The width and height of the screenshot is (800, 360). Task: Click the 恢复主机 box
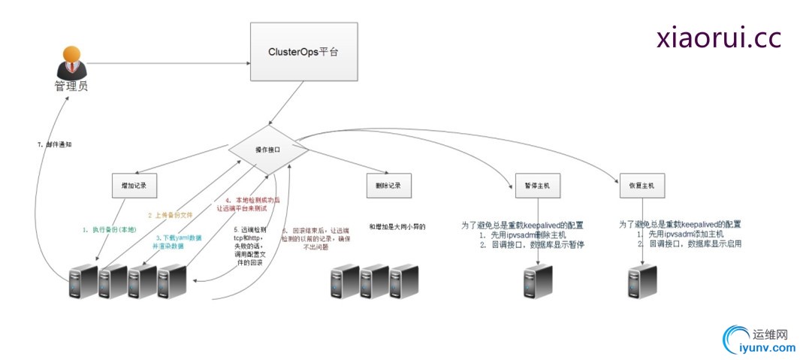pos(642,185)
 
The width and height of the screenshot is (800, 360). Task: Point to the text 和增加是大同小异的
pos(397,225)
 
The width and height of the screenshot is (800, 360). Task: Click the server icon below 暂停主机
pos(538,282)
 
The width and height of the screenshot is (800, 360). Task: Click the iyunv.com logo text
pos(767,347)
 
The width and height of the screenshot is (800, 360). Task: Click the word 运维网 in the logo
pos(768,334)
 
